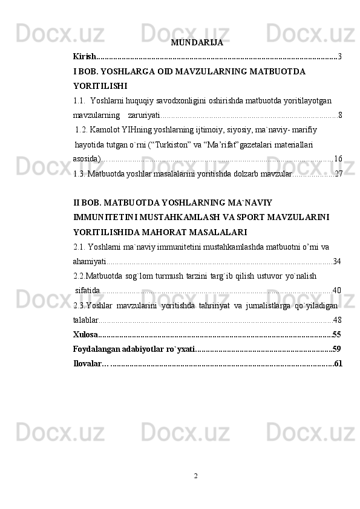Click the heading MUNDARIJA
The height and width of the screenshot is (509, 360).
point(197,43)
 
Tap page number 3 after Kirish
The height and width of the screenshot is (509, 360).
point(341,57)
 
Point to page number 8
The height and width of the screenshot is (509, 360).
point(341,115)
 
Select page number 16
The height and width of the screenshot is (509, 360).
point(338,158)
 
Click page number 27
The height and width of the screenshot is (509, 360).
point(338,173)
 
